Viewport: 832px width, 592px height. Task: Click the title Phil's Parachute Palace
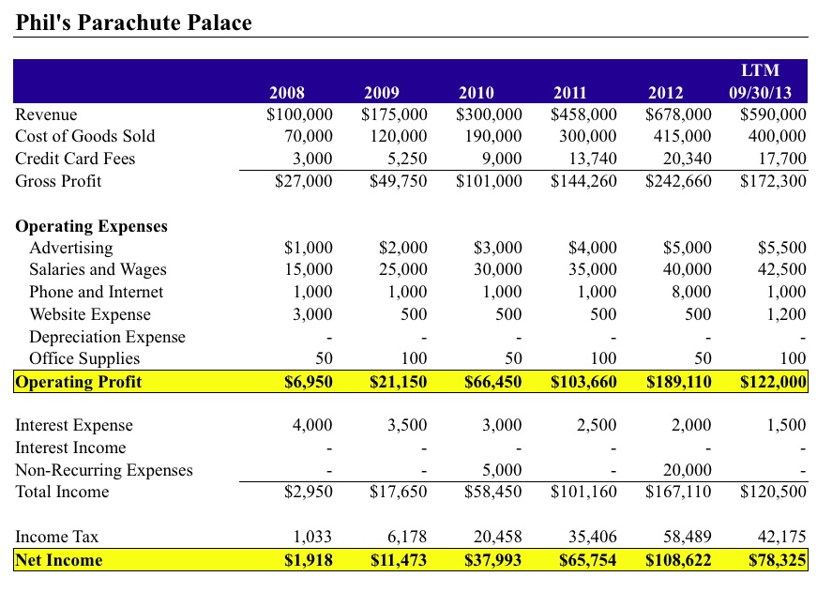[x=133, y=23]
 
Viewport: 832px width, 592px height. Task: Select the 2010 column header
[x=477, y=92]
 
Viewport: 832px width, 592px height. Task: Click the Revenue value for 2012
[x=678, y=114]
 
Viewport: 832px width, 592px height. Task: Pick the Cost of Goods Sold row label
[x=85, y=136]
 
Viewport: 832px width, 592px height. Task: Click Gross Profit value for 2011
[x=583, y=181]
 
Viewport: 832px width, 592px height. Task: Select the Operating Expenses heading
[x=92, y=226]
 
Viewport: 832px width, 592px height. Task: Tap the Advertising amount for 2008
[x=308, y=249]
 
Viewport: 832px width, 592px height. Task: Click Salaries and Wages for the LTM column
[x=782, y=270]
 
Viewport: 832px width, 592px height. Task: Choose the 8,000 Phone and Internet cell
[x=692, y=293]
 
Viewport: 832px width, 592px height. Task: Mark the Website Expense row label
[x=90, y=314]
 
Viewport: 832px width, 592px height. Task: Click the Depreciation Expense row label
[x=107, y=337]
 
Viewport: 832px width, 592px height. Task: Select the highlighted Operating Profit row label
[x=79, y=382]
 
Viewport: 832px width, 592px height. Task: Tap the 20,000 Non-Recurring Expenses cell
[x=688, y=470]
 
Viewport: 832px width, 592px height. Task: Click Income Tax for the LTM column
[x=782, y=537]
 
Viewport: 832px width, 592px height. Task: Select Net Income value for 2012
[x=678, y=560]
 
